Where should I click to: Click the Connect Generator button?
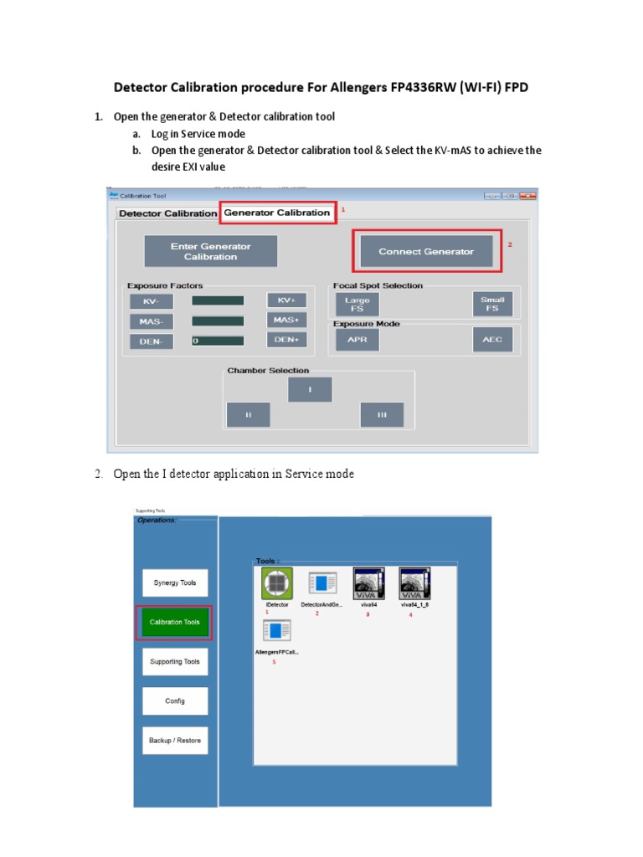425,251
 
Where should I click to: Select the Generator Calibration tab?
277,213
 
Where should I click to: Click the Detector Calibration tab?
167,213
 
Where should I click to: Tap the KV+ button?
286,300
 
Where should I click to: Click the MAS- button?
151,321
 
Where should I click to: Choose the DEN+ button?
286,340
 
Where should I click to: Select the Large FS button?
357,305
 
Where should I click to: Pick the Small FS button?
491,304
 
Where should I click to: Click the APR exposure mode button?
357,341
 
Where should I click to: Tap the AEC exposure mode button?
491,341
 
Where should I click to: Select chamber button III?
382,415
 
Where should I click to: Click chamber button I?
310,390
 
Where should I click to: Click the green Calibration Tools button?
174,623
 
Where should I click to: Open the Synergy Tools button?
174,582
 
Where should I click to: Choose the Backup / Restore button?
174,741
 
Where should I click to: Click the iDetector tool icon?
276,583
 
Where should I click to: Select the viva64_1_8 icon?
414,583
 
